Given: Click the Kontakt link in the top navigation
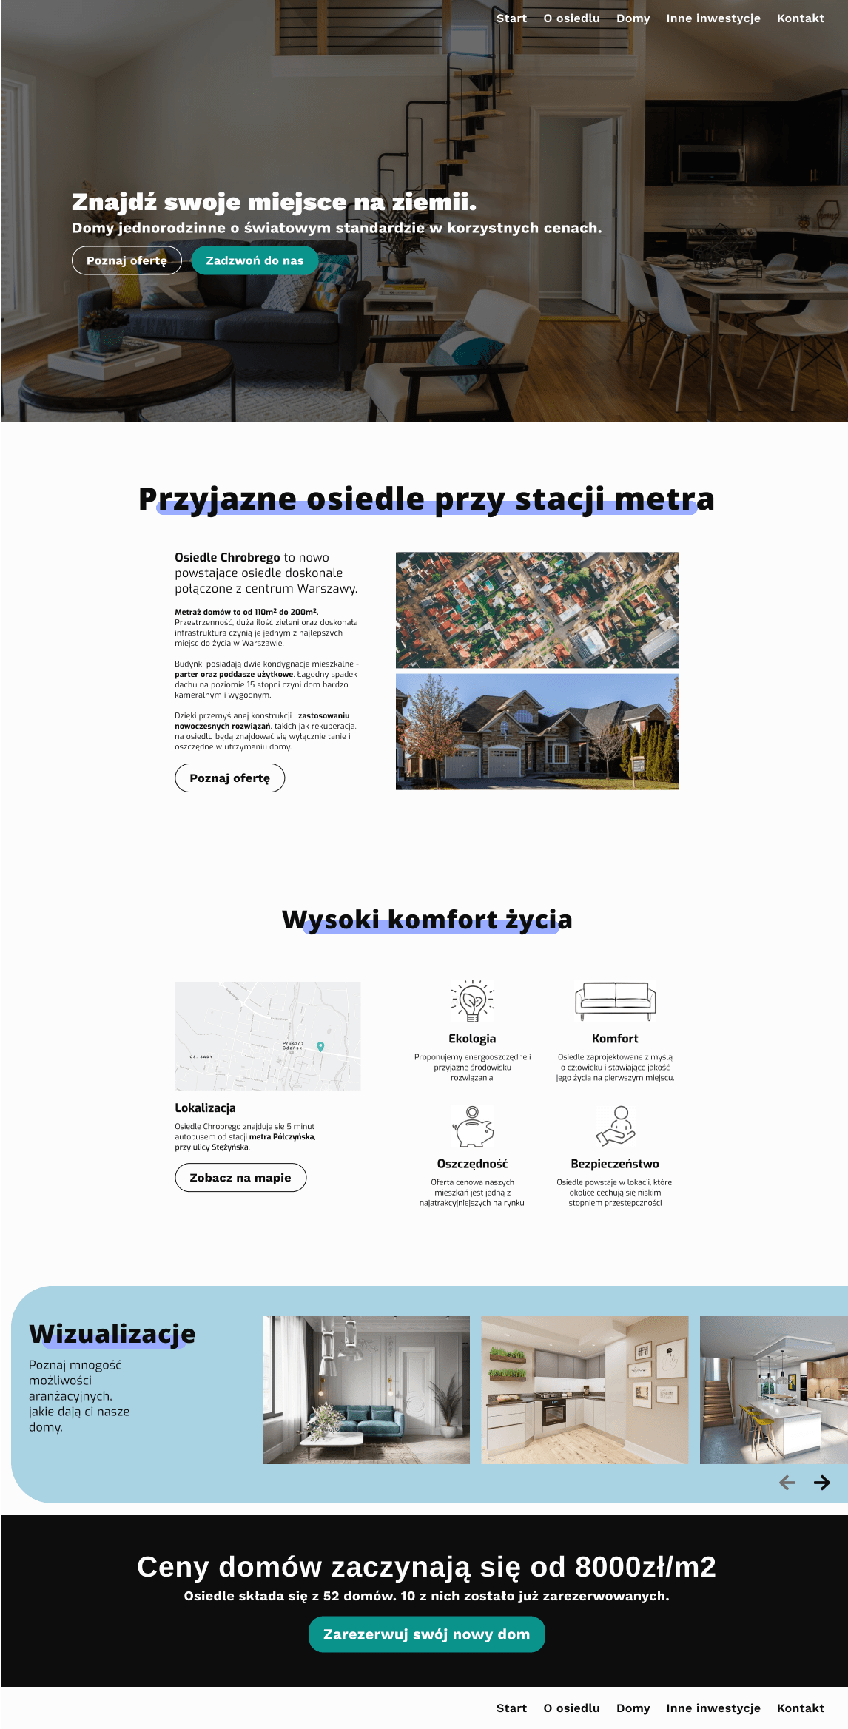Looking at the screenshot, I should pyautogui.click(x=800, y=18).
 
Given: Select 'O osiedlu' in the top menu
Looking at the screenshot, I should pyautogui.click(x=571, y=18).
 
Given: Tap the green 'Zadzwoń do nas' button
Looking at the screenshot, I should pyautogui.click(x=255, y=260).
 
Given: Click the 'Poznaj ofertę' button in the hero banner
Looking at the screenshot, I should pyautogui.click(x=127, y=260).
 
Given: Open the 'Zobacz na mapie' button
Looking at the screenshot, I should pyautogui.click(x=240, y=1178).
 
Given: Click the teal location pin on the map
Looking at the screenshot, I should pyautogui.click(x=320, y=1046).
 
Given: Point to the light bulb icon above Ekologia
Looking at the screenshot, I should pyautogui.click(x=472, y=1001).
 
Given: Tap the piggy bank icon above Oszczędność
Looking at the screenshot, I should pyautogui.click(x=472, y=1126).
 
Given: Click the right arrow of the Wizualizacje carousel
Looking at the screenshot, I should pyautogui.click(x=821, y=1482).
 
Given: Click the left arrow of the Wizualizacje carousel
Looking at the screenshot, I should pyautogui.click(x=787, y=1482).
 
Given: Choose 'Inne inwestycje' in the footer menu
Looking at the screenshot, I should pyautogui.click(x=713, y=1708).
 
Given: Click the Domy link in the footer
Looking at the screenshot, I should pyautogui.click(x=633, y=1708).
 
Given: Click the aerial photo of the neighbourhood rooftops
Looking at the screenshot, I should pyautogui.click(x=536, y=610).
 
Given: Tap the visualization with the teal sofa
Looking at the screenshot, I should pyautogui.click(x=366, y=1389).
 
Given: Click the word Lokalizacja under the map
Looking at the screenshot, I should pyautogui.click(x=205, y=1108).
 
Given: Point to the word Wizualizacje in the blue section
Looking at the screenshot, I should pyautogui.click(x=112, y=1334).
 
